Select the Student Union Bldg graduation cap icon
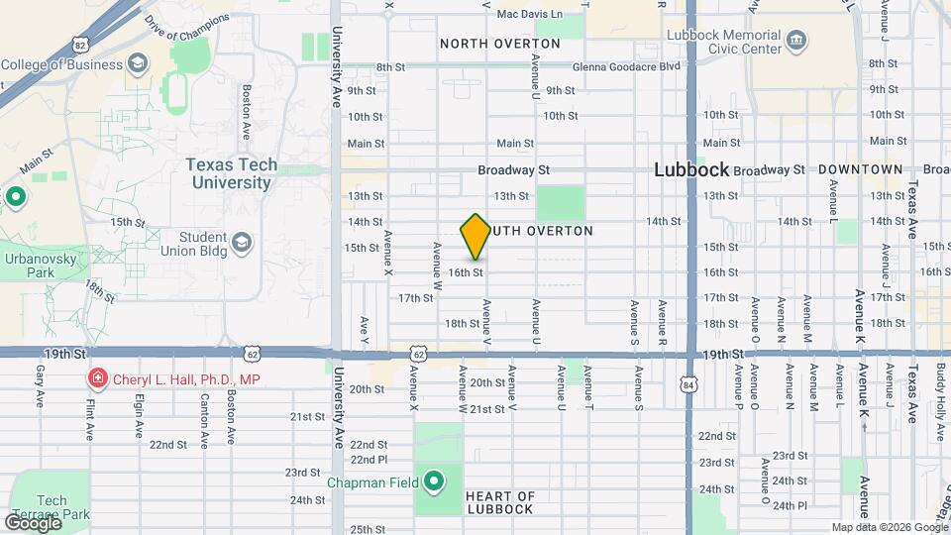click(x=241, y=243)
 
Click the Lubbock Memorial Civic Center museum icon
click(x=796, y=41)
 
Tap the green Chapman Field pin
click(x=434, y=482)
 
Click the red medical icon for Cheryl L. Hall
click(x=97, y=377)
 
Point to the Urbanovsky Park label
click(x=27, y=262)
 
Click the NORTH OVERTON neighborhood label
click(x=499, y=44)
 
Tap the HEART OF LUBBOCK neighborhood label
click(x=500, y=502)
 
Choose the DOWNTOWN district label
click(x=861, y=169)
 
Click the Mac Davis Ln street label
click(x=529, y=14)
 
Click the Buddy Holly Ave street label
click(x=939, y=392)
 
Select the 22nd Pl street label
click(x=368, y=459)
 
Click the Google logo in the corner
click(x=32, y=522)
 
